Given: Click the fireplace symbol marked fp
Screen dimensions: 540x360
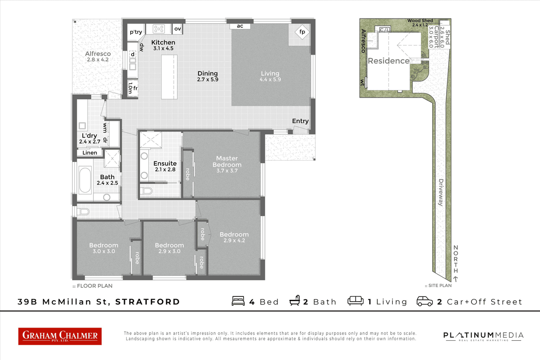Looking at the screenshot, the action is coord(302,32).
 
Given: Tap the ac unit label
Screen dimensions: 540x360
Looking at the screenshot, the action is coord(240,26).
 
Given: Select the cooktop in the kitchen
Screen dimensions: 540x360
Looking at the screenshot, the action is coord(159,29).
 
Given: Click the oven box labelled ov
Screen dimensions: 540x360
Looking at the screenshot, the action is coord(177,29).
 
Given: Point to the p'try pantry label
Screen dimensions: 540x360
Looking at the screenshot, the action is coord(136,32).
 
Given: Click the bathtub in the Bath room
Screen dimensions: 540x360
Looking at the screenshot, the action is coord(85,180).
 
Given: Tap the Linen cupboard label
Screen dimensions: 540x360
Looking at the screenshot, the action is coord(90,153).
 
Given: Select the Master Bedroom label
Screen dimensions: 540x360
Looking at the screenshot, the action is coord(227,161).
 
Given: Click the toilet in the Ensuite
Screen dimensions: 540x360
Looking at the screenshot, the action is coord(147,191).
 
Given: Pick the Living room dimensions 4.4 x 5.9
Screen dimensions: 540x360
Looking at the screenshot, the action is coord(270,79).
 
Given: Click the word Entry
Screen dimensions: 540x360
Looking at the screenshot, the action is coord(300,121).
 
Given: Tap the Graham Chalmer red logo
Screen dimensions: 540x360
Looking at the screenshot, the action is coord(60,336).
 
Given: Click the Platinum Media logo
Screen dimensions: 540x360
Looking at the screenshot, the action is coord(483,336).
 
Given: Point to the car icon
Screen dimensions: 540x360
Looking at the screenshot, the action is coord(425,302).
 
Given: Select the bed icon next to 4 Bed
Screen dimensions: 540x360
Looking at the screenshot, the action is coord(238,301).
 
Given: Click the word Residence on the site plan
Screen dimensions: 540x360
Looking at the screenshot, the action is coord(389,61).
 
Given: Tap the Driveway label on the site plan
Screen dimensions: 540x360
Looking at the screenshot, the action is coord(441,192).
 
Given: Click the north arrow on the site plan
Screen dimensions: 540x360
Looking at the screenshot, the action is coord(455,279).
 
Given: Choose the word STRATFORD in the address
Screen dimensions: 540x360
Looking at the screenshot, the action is coord(148,302).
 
